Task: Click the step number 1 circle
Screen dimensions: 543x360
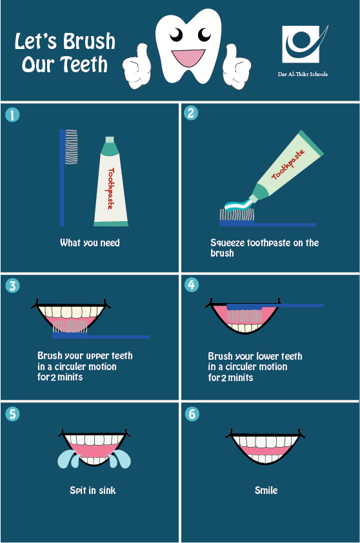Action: (12, 115)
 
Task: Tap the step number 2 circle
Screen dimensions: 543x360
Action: (191, 114)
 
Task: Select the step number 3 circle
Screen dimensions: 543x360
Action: (12, 286)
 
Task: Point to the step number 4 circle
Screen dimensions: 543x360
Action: (191, 285)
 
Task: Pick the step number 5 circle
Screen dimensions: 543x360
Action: (12, 413)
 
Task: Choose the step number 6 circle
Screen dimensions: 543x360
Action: (191, 413)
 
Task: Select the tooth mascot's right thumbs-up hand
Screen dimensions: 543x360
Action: (237, 64)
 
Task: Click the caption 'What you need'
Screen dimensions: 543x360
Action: (90, 243)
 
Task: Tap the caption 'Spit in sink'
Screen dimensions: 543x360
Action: (92, 491)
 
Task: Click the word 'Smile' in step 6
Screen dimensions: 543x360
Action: (266, 491)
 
